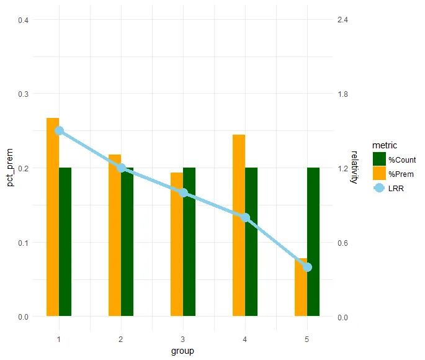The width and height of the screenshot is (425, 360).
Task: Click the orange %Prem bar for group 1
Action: click(53, 217)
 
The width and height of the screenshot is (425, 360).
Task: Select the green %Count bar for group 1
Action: click(65, 242)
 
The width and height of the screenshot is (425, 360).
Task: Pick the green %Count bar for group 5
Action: click(313, 242)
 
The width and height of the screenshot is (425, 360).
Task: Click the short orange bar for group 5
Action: click(301, 292)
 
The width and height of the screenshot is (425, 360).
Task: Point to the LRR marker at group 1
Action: click(59, 130)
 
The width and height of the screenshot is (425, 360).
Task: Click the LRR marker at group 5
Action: click(307, 267)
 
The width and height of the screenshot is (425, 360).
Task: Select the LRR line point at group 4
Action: click(245, 217)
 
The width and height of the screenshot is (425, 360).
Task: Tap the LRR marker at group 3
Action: click(183, 192)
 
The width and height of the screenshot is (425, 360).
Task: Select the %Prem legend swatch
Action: click(379, 174)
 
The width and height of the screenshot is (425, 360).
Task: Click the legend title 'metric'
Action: click(385, 145)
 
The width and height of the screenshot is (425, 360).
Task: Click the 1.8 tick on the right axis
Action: click(341, 94)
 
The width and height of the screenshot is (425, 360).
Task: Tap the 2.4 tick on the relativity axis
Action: click(341, 20)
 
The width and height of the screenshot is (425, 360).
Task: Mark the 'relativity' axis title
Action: click(354, 168)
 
